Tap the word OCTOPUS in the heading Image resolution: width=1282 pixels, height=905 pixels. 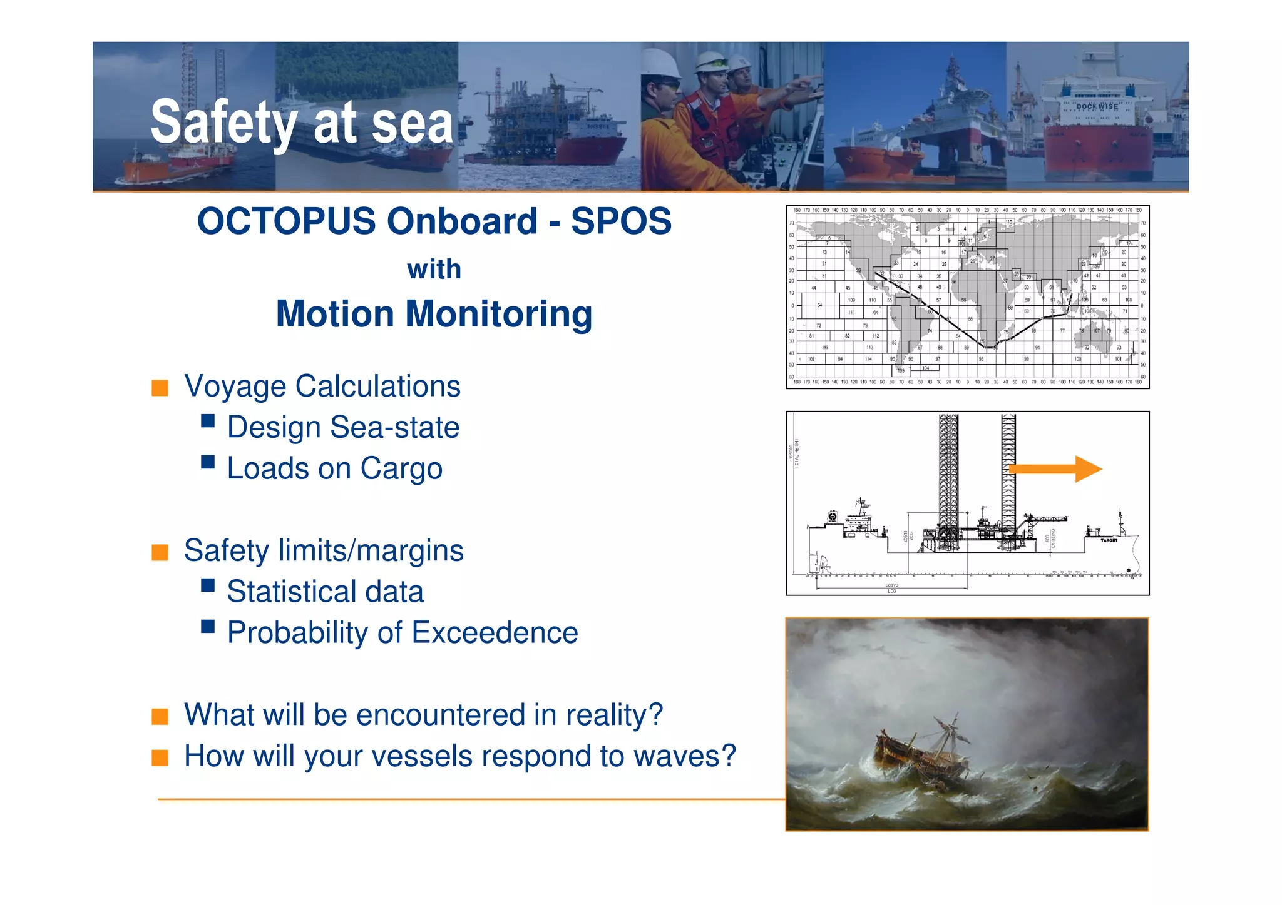click(286, 221)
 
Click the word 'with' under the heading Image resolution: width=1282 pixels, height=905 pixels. click(434, 270)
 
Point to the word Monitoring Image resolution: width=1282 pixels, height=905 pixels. click(498, 314)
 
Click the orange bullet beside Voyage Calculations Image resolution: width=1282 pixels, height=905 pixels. click(160, 388)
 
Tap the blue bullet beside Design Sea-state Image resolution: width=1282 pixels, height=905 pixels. click(208, 421)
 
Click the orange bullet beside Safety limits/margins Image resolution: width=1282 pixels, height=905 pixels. click(160, 552)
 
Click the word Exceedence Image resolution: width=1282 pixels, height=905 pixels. click(494, 632)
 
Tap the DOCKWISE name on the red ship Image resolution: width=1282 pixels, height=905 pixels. click(1097, 106)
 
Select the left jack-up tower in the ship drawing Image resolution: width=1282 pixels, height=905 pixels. click(948, 482)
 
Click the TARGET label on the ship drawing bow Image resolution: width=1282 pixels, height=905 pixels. click(1109, 540)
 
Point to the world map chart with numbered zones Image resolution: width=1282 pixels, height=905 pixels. click(967, 296)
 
